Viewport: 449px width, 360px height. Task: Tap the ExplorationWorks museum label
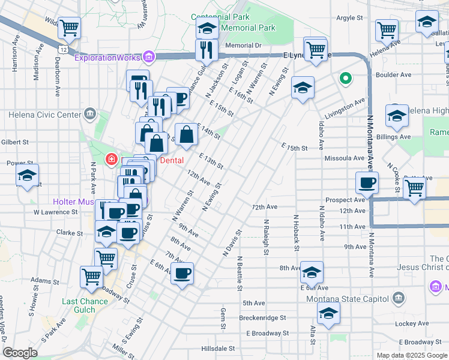(x=108, y=58)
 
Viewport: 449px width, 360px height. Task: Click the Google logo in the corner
(x=20, y=353)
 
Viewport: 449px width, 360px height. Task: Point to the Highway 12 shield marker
(x=63, y=46)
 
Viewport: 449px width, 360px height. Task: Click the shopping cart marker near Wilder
(x=70, y=27)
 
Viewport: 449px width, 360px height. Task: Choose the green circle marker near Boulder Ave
(x=345, y=77)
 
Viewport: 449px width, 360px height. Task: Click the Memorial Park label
(x=248, y=28)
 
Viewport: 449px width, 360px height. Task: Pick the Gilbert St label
(x=16, y=142)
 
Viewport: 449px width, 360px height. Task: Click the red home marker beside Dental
(x=111, y=160)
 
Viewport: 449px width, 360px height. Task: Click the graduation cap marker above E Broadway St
(x=328, y=313)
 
